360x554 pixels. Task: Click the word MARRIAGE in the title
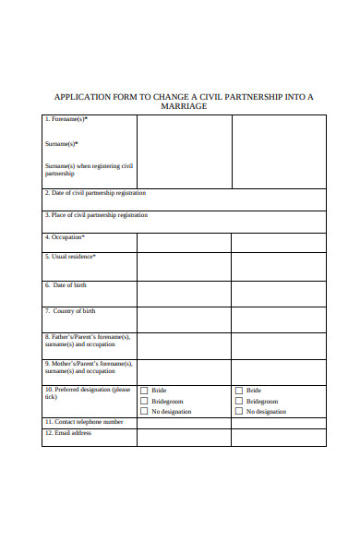tap(184, 106)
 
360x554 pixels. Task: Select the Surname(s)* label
tap(62, 144)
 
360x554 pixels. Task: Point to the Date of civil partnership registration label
tap(95, 193)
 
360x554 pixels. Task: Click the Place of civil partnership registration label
tap(96, 215)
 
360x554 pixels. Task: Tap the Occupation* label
tap(66, 237)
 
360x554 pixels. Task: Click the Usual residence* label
tap(70, 257)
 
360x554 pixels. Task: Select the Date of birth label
tap(68, 285)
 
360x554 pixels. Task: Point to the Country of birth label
tap(70, 311)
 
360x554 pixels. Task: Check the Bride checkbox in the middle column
tap(143, 391)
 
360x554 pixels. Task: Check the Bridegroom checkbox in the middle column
tap(143, 401)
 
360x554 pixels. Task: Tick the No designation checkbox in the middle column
tap(143, 411)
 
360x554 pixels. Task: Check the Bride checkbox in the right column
tap(238, 391)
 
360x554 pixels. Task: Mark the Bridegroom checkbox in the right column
tap(238, 401)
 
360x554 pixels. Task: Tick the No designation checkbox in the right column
tap(238, 411)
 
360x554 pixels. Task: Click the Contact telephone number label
tap(84, 422)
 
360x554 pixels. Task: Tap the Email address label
tap(68, 432)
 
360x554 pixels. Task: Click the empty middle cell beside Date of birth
tap(184, 294)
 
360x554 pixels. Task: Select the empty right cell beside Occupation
tap(278, 243)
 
